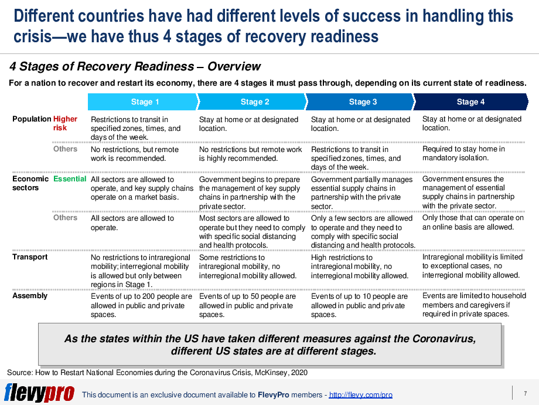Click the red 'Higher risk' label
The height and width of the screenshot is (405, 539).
coord(65,123)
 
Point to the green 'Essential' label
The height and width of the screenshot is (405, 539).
coord(70,178)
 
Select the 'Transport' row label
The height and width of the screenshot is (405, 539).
coord(30,256)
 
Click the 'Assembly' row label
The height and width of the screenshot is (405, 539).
coord(30,295)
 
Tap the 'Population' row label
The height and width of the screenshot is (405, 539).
coord(32,119)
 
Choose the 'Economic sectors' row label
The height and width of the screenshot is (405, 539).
coord(30,183)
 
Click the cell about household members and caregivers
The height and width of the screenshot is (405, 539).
coord(474,305)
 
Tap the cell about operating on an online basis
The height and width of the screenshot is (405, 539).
coord(473,222)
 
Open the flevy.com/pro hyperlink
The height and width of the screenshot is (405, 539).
coord(360,395)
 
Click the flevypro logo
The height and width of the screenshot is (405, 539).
coord(39,393)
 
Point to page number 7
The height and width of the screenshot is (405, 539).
coord(525,393)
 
